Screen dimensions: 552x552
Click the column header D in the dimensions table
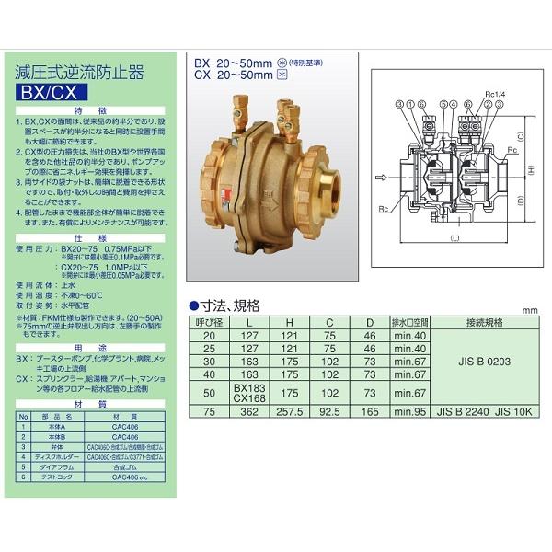coord(369,323)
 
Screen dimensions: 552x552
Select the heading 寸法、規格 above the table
coord(229,306)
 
